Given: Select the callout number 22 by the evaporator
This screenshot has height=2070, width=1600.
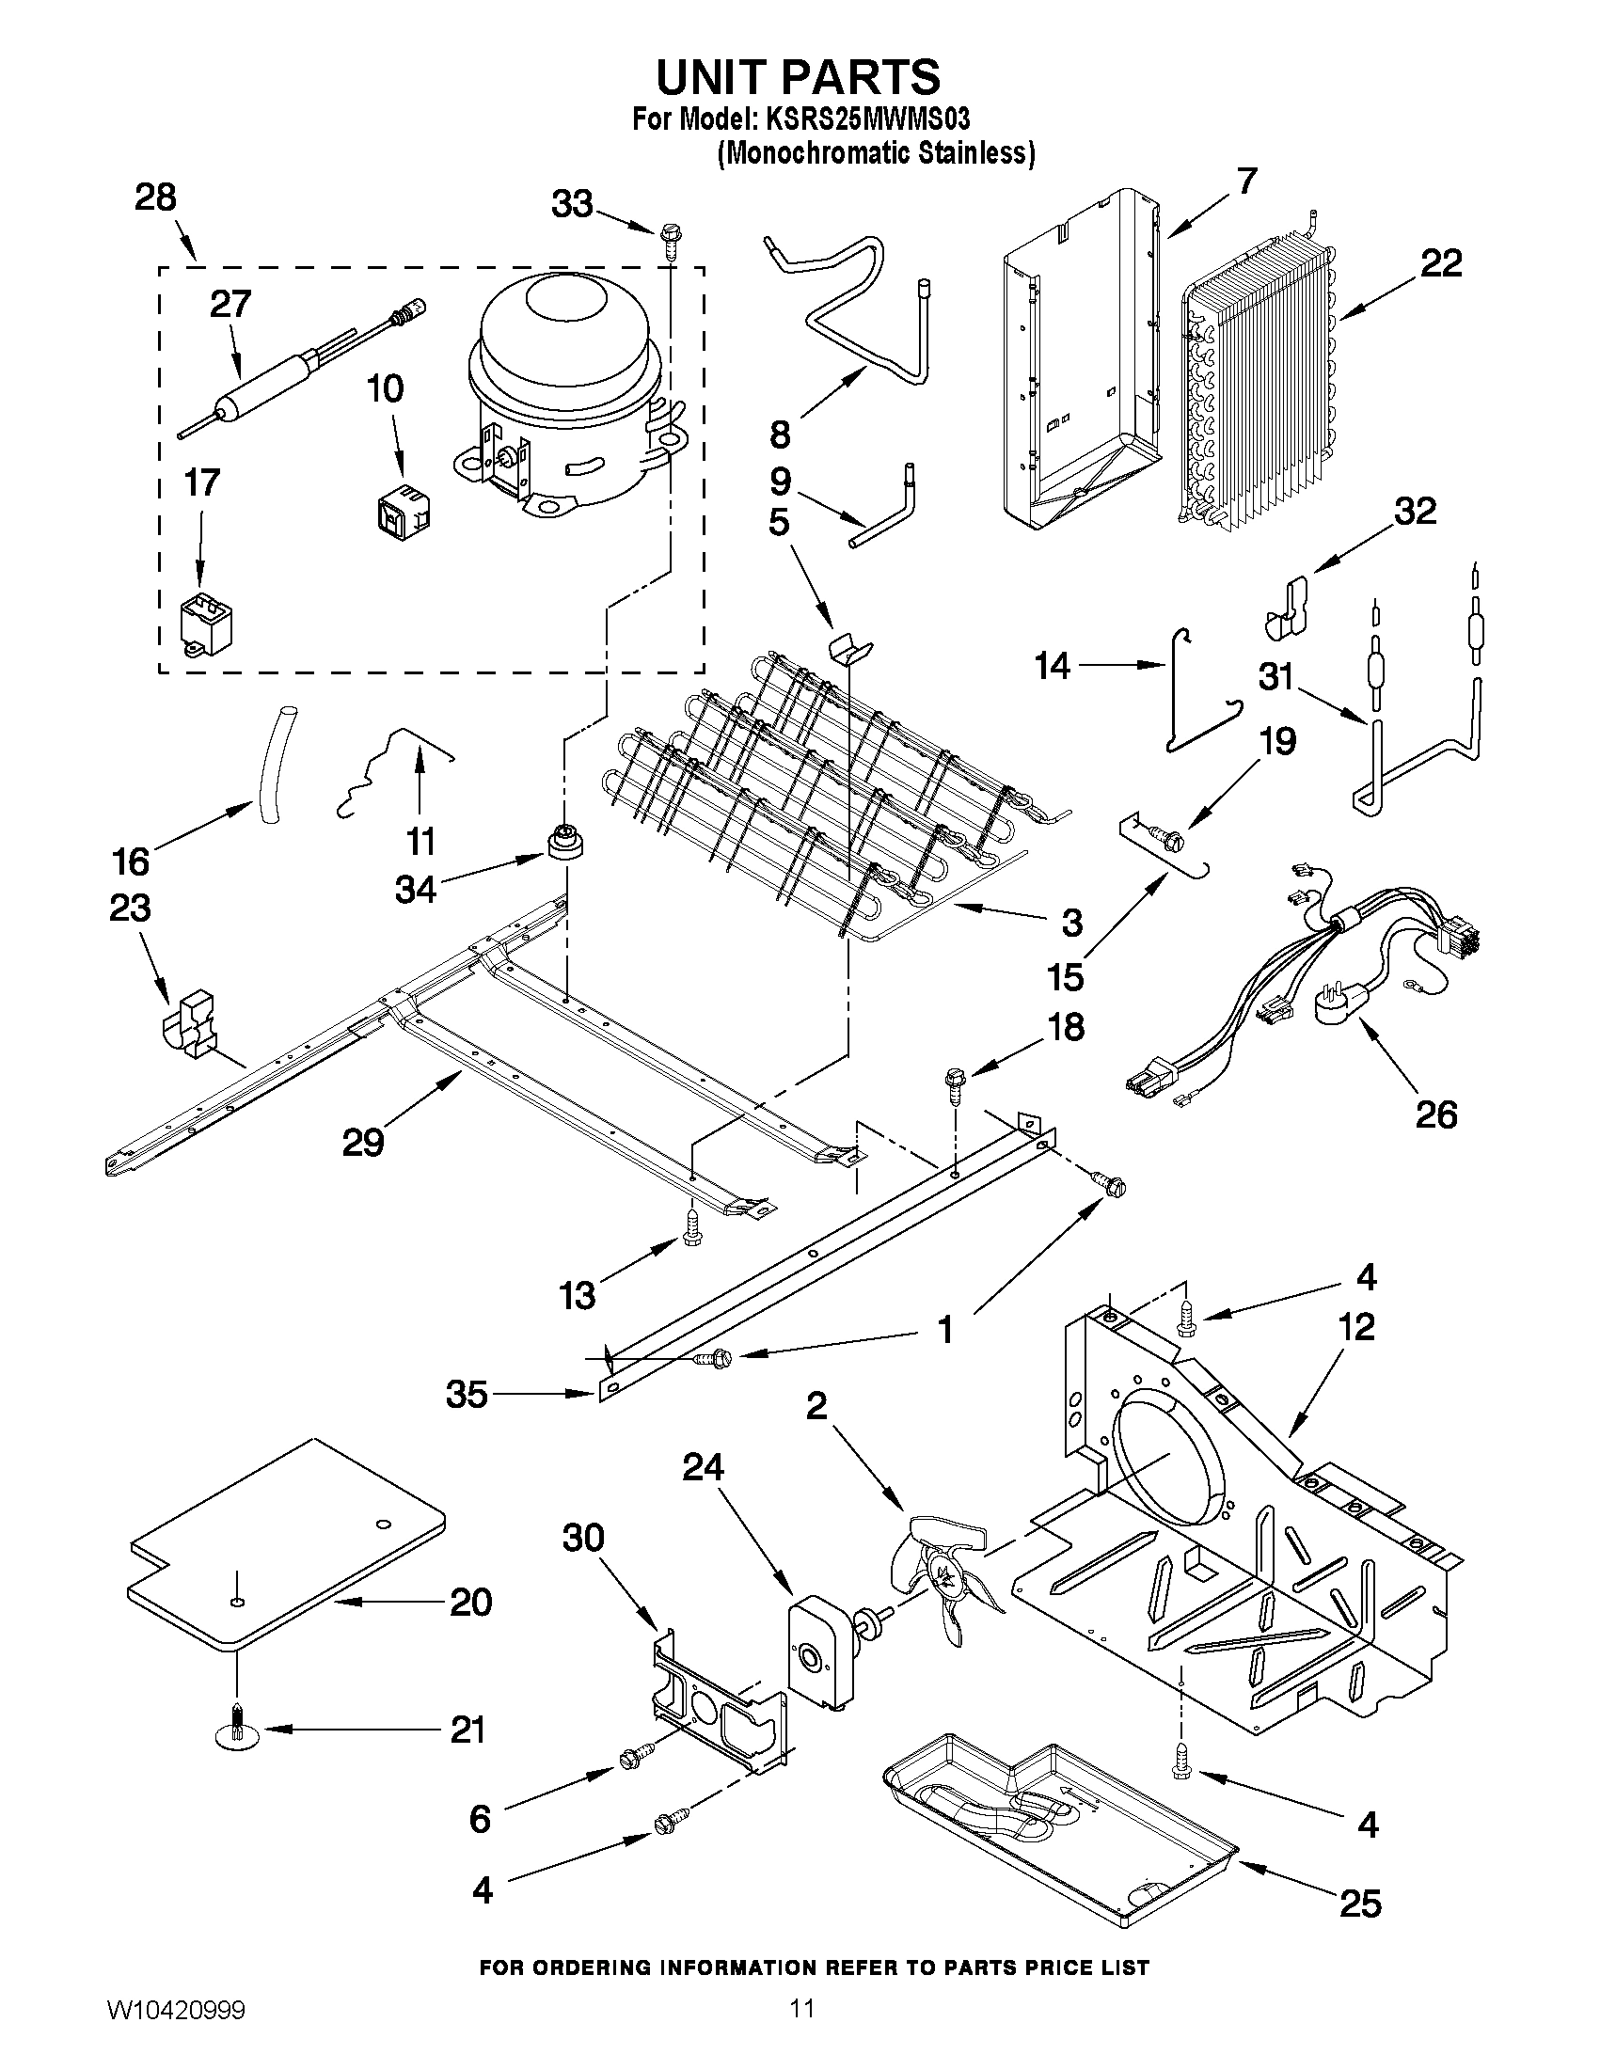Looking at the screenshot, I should click(x=1441, y=263).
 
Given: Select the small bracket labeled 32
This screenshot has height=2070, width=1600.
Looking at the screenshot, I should click(x=1289, y=607).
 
